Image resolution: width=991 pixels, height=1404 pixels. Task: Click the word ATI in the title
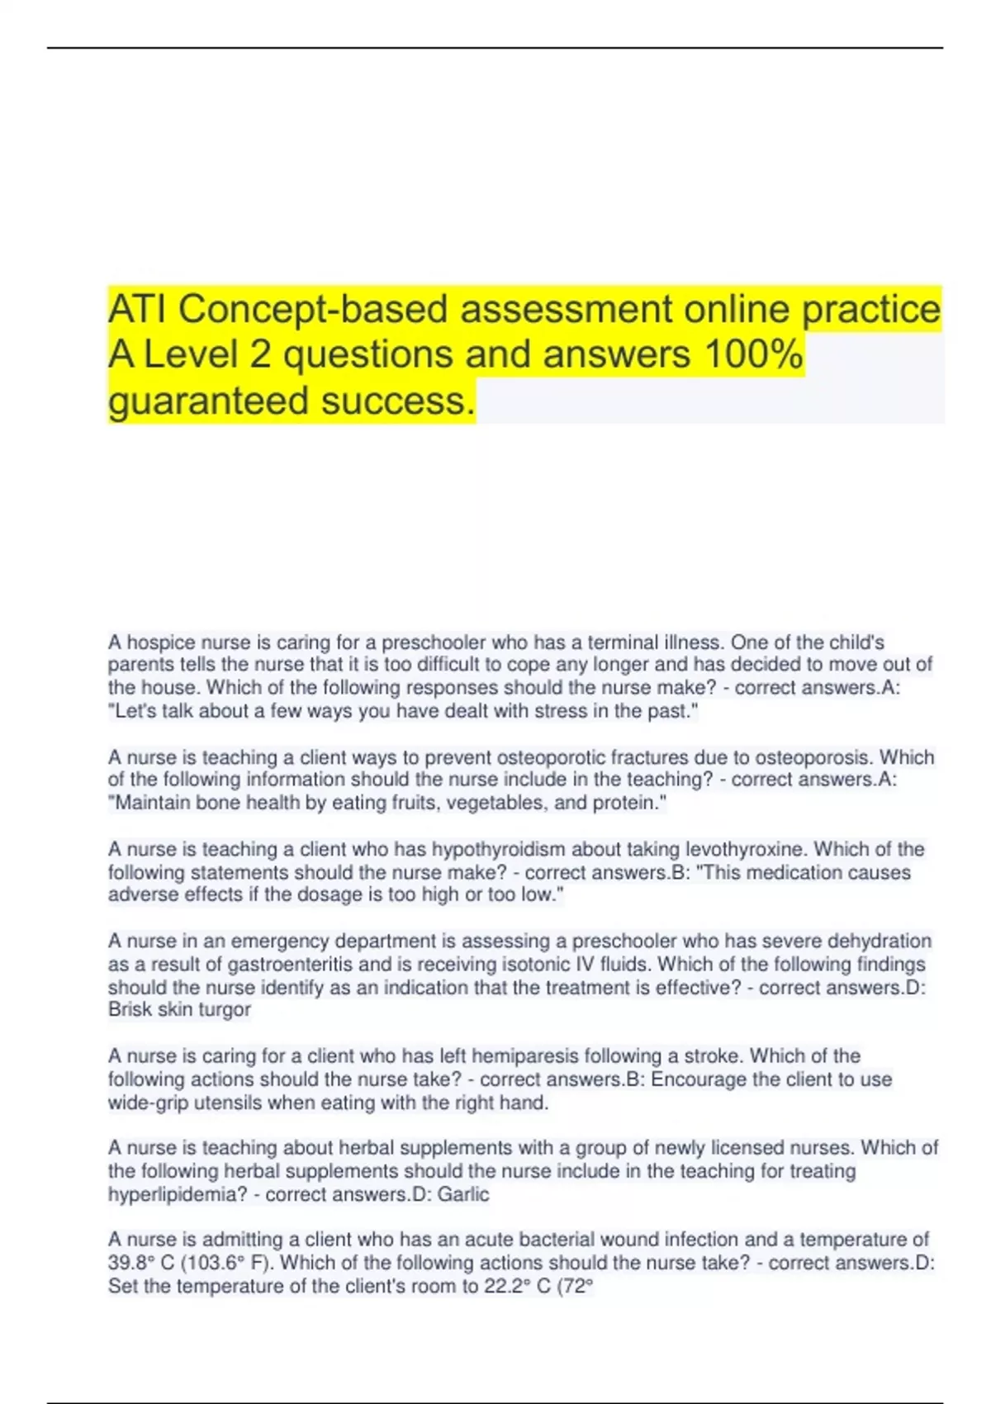[138, 310]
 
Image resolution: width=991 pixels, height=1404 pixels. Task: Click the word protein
[626, 803]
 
